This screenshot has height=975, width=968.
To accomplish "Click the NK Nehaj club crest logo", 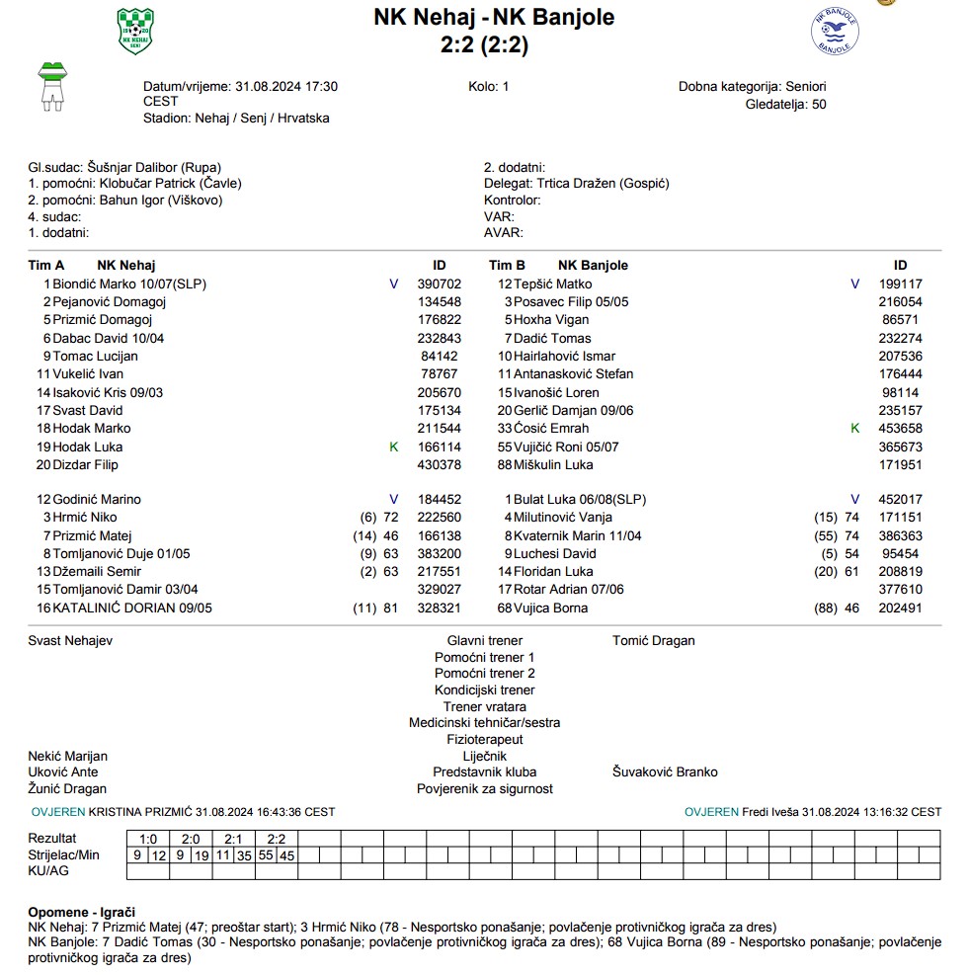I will click(135, 33).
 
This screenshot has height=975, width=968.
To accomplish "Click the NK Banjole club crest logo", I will click(835, 33).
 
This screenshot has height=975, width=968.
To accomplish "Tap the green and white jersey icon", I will click(51, 83).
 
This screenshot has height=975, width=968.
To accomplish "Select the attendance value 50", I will click(819, 104).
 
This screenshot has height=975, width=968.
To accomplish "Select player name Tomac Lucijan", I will click(95, 356).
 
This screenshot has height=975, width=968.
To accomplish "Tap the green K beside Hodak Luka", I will click(394, 447).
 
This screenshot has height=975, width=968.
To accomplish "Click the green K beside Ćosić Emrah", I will click(855, 428).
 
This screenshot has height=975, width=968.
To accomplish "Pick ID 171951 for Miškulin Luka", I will click(900, 464).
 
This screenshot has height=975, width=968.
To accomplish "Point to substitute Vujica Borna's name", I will click(550, 608).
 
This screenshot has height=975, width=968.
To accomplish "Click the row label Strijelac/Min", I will click(64, 854).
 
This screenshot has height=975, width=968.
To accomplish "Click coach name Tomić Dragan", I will click(653, 640).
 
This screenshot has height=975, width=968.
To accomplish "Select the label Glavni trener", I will click(484, 640).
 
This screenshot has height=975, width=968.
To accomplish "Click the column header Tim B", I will click(508, 265).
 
